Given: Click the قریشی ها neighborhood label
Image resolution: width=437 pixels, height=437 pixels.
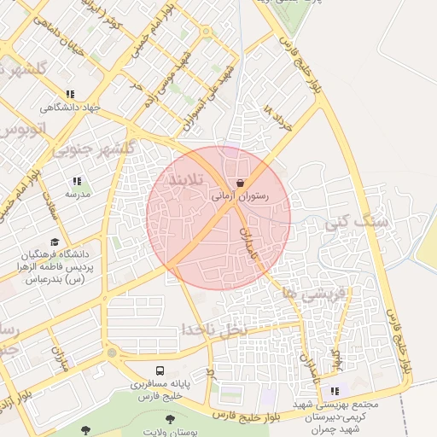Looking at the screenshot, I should pyautogui.click(x=303, y=293).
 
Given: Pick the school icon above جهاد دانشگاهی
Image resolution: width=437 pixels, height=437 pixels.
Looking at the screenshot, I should pyautogui.click(x=70, y=95).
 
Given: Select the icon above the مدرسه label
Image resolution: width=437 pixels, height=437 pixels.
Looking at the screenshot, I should pyautogui.click(x=77, y=181).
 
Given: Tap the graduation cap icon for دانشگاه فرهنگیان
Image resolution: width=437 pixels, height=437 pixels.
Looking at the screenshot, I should pyautogui.click(x=55, y=242).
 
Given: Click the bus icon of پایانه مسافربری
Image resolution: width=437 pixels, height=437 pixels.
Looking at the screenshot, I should pyautogui.click(x=160, y=371).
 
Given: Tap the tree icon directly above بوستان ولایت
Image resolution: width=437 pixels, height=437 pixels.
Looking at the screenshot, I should pyautogui.click(x=170, y=419).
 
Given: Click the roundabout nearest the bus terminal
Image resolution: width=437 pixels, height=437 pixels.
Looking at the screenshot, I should pyautogui.click(x=111, y=353).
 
